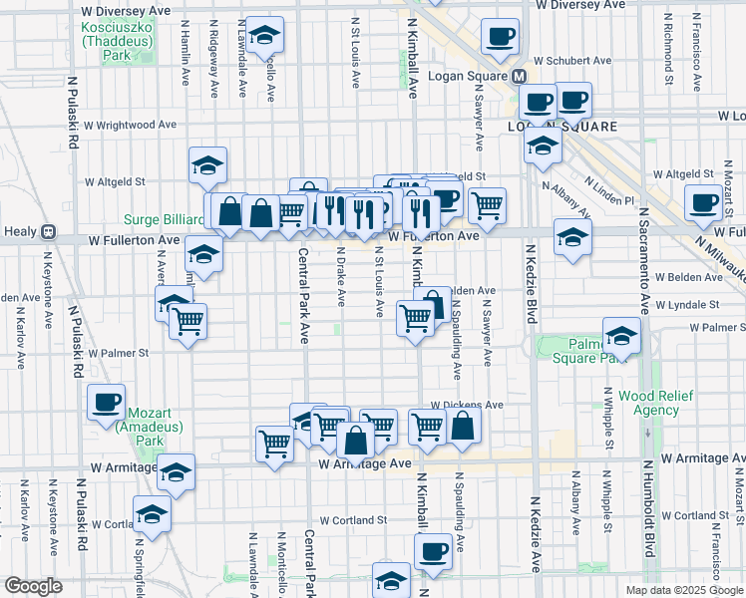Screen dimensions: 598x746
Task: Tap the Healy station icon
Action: [48, 232]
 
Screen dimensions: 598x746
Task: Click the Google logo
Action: [33, 586]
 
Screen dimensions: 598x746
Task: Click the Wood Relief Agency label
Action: [655, 403]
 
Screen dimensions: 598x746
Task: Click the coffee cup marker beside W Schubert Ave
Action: [500, 38]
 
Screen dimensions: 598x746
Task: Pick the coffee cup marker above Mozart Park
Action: [106, 403]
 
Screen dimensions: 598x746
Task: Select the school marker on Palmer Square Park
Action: [621, 337]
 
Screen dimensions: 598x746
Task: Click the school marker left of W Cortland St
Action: [152, 514]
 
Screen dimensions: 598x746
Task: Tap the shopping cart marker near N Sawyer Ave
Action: [487, 205]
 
